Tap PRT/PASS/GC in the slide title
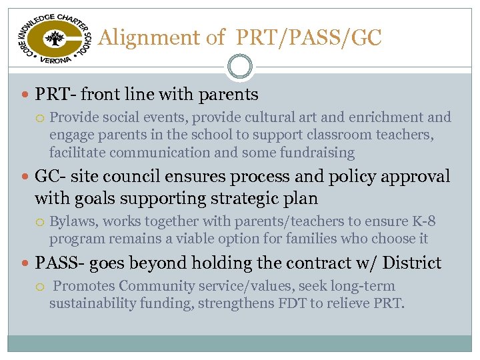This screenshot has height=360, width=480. [x=308, y=39]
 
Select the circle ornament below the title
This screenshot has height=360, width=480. [x=239, y=67]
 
